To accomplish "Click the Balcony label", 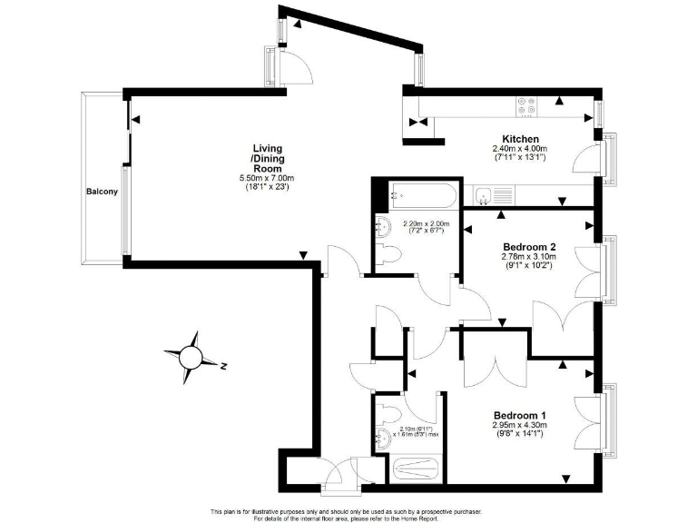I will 102,192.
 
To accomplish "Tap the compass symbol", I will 191,355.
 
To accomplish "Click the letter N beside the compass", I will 222,366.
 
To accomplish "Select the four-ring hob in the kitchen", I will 526,105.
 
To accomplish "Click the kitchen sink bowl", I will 484,193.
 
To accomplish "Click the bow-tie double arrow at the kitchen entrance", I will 418,123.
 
